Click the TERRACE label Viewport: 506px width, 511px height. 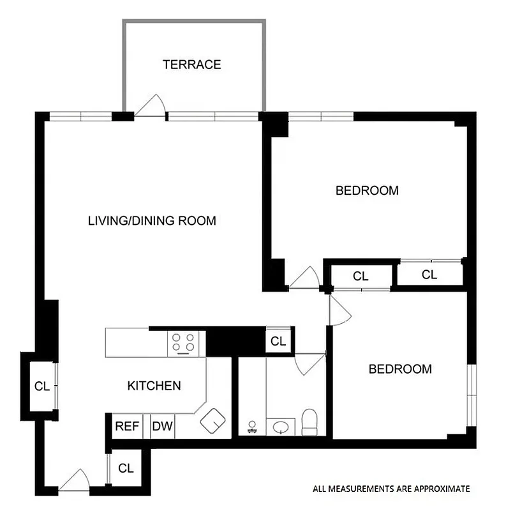click(191, 65)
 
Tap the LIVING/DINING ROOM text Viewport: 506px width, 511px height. click(152, 221)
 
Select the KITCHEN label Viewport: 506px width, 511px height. click(154, 386)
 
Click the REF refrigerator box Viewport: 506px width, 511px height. click(127, 427)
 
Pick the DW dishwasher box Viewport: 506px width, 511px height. click(162, 427)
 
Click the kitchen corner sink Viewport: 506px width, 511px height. click(212, 420)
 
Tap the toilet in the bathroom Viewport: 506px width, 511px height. click(309, 422)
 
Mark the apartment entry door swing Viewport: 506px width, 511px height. click(75, 480)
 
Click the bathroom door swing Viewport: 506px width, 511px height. click(309, 363)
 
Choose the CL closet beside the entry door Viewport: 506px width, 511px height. click(126, 468)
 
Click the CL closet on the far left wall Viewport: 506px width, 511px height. click(41, 386)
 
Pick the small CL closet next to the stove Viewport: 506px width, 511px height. click(278, 341)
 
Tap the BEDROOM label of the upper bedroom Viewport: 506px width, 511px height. click(367, 190)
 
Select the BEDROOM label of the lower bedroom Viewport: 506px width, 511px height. click(400, 369)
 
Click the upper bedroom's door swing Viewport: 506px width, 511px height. click(305, 278)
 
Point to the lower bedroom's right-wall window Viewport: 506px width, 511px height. click(471, 395)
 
